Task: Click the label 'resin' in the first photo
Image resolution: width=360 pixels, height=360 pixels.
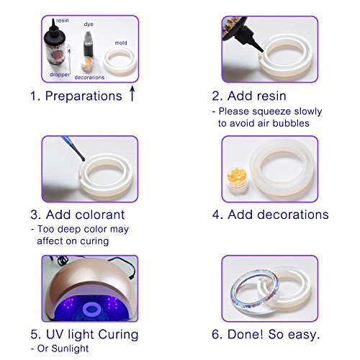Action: (63, 22)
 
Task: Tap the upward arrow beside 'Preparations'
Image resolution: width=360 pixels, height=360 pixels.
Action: (132, 94)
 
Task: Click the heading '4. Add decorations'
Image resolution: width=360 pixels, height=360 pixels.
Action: (270, 215)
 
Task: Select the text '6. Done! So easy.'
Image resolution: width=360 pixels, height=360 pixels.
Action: (266, 334)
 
